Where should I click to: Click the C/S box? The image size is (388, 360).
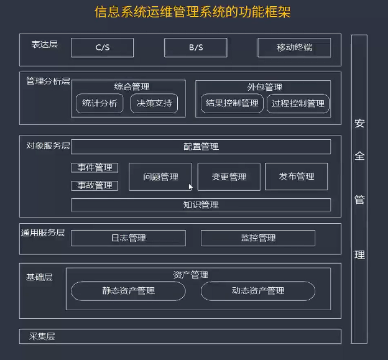point(102,48)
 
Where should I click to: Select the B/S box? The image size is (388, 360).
point(196,48)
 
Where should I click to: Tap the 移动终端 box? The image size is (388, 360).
point(294,48)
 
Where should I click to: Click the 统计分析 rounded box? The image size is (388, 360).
point(99,104)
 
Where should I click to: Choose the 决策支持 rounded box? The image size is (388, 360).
point(154,104)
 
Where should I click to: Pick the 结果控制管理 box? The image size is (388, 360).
point(232,104)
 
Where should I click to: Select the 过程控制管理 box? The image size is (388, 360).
point(298,104)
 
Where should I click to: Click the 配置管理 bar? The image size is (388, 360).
point(201,147)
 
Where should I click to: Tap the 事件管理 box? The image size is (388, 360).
point(95,168)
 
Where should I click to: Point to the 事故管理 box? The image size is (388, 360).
point(95,185)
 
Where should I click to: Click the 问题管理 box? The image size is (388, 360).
point(160,177)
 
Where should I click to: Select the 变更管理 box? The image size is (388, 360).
point(229,177)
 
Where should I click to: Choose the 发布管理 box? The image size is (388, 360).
point(297,177)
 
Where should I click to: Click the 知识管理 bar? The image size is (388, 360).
point(201,205)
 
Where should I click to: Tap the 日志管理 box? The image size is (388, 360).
point(128,238)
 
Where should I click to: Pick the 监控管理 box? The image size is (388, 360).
point(258,238)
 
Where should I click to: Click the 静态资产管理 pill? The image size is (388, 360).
point(128,291)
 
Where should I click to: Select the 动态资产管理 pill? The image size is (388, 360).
point(258,291)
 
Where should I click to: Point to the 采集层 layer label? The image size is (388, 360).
point(42,336)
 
